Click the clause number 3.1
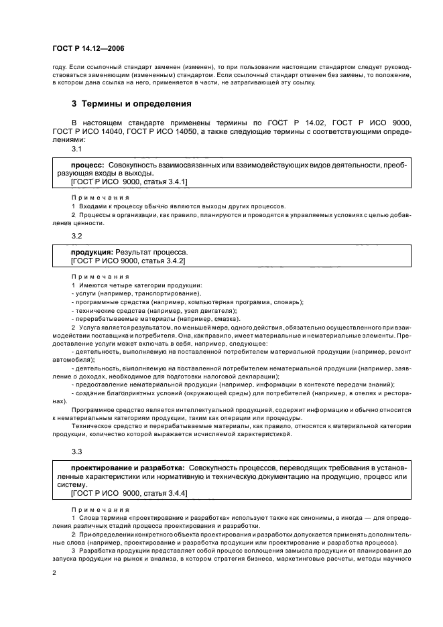(x=76, y=149)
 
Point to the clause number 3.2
(x=76, y=236)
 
